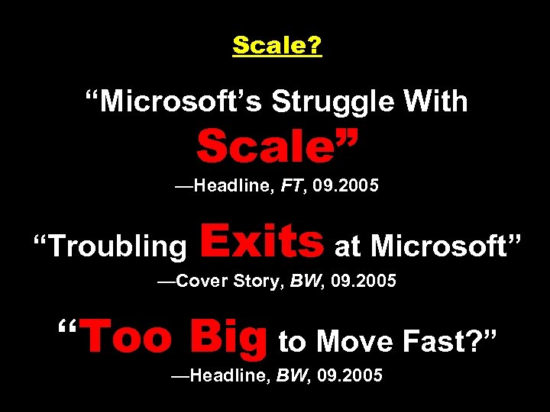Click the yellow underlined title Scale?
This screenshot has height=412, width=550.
click(x=277, y=46)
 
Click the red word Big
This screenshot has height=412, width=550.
click(x=228, y=337)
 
